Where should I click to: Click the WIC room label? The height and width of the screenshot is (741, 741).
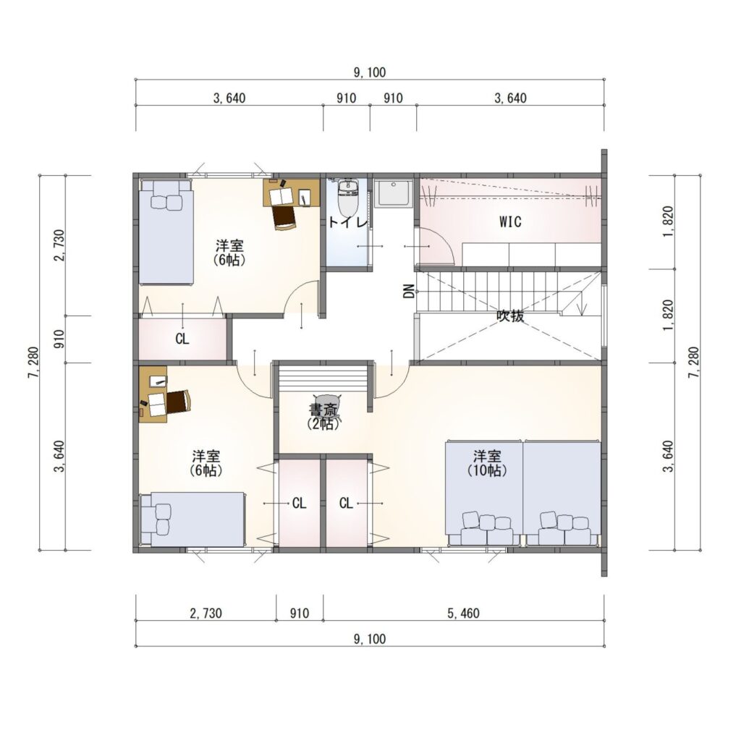(x=510, y=221)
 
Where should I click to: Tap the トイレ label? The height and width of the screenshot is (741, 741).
(x=347, y=222)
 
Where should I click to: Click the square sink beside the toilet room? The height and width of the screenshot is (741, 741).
(x=394, y=192)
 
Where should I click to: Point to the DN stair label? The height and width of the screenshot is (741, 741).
(x=410, y=291)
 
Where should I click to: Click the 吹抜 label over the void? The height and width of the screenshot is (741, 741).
(x=510, y=316)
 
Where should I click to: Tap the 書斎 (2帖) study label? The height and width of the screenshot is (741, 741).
(x=323, y=416)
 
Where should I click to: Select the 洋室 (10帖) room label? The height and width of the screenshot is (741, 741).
(x=487, y=464)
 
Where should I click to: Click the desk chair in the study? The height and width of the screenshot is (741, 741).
(x=327, y=407)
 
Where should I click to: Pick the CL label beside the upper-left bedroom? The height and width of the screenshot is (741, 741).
(x=182, y=339)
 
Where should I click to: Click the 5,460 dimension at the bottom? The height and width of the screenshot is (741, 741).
(x=463, y=614)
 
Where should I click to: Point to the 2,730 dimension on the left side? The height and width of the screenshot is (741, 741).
(x=59, y=245)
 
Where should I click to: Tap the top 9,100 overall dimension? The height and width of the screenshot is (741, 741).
(x=370, y=72)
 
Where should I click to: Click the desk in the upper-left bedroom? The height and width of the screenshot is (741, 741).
(x=291, y=192)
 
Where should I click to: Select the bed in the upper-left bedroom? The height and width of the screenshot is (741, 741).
(x=166, y=232)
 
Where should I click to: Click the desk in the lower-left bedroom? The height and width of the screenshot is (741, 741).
(x=153, y=394)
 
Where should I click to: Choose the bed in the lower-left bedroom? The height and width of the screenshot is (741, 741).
(x=192, y=520)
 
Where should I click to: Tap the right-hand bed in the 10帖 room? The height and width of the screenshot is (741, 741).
(x=562, y=494)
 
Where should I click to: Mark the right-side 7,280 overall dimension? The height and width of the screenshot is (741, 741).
(x=694, y=363)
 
